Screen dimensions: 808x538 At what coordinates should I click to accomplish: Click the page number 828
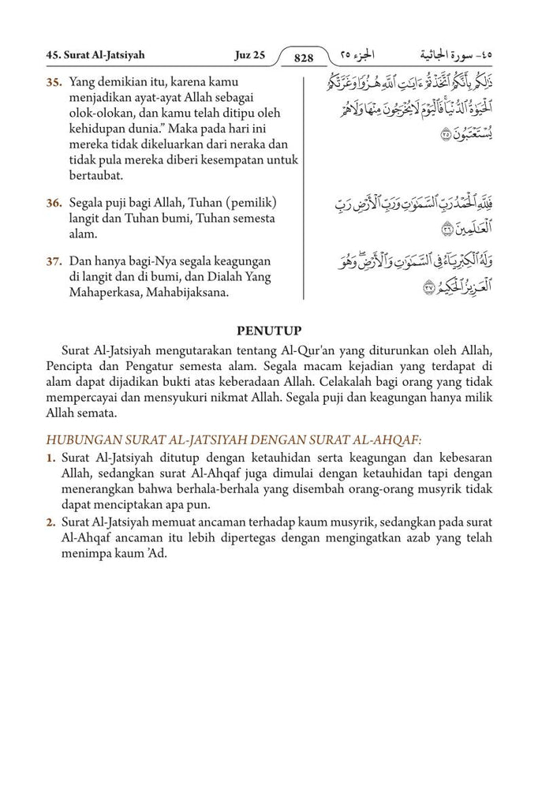pos(304,58)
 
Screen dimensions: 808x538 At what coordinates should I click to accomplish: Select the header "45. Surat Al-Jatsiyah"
pos(95,56)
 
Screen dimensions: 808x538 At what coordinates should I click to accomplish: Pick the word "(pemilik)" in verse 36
pos(249,204)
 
